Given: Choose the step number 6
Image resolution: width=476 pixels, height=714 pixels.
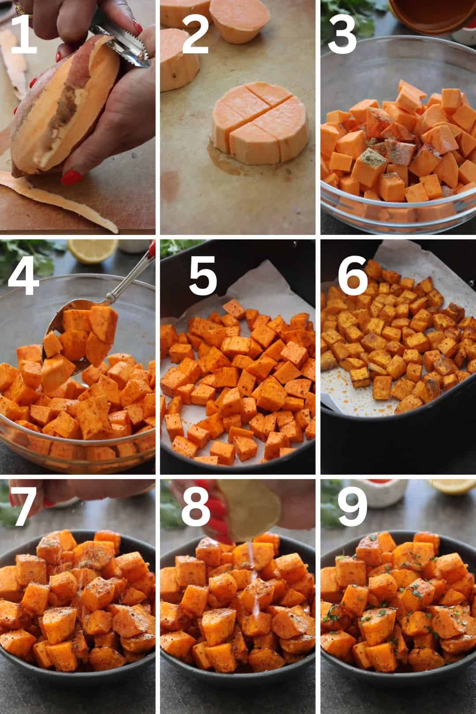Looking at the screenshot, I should pos(353,275).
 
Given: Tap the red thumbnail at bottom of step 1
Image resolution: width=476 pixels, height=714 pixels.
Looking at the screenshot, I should pos(72,177).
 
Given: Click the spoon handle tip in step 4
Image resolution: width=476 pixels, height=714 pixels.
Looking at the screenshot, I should pos(152,247).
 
